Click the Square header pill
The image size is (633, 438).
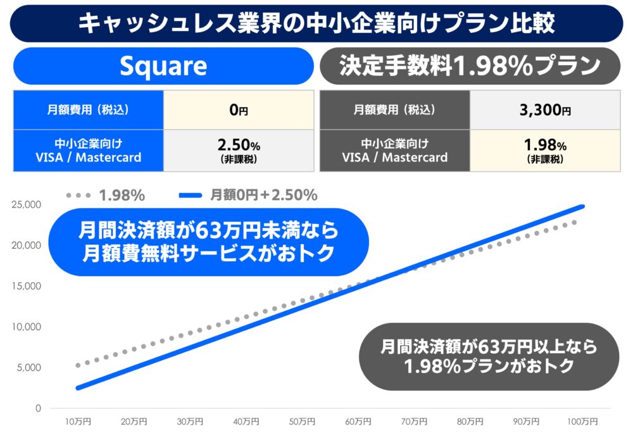coord(163,66)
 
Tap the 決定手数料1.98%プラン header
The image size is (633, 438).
coord(470,66)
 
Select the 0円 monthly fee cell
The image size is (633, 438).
coord(239,109)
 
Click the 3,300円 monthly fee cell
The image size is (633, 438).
coord(545,109)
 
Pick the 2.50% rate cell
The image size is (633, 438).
coord(239,151)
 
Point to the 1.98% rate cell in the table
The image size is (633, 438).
coord(545,151)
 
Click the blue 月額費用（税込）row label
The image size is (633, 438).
coord(89,109)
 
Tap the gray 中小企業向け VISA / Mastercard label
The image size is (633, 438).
coord(395,151)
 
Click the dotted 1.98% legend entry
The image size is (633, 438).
coord(106,196)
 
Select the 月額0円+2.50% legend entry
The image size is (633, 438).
coord(248,196)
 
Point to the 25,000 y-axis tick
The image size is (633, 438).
coord(26,204)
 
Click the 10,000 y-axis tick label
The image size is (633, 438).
coord(26,327)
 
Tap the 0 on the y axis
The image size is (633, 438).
coord(38,408)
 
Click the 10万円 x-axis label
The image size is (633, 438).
coord(78,422)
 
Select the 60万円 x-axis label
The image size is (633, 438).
coord(358,422)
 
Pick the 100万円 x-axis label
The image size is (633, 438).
coord(582,422)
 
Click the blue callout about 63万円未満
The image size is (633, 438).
coord(209,242)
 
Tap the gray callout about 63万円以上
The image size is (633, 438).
coord(489,356)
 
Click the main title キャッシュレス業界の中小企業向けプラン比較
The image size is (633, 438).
coord(316,23)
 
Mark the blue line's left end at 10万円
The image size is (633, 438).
coord(78,389)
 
